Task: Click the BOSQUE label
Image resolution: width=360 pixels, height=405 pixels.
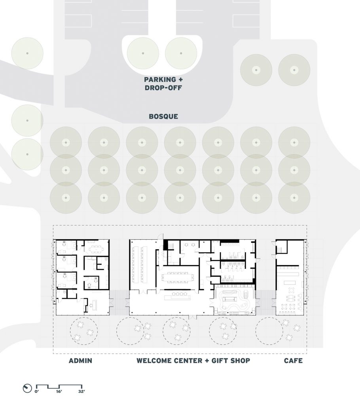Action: [163, 116]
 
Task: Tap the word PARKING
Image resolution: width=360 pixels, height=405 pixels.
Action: [160, 79]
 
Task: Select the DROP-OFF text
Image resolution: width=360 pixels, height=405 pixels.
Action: [163, 87]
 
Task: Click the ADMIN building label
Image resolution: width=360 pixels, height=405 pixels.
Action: [80, 361]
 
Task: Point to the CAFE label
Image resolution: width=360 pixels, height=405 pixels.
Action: [293, 361]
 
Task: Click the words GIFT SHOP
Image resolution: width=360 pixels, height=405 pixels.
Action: [231, 361]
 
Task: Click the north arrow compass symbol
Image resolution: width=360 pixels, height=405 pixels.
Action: [27, 388]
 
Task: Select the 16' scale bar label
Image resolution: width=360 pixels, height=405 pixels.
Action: [59, 392]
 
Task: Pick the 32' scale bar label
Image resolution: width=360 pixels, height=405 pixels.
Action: [81, 392]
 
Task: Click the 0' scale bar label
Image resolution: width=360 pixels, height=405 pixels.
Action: [37, 392]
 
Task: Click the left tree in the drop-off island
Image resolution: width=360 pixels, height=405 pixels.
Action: [143, 53]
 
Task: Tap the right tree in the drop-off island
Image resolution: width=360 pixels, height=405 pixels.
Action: [181, 53]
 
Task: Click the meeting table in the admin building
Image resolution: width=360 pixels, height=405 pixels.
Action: [96, 249]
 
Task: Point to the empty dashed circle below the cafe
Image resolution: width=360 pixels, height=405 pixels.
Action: [269, 331]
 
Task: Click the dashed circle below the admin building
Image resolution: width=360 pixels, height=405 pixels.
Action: [84, 331]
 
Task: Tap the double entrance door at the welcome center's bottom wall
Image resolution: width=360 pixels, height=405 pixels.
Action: [192, 317]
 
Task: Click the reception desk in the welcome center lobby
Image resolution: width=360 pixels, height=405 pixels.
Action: [178, 298]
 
